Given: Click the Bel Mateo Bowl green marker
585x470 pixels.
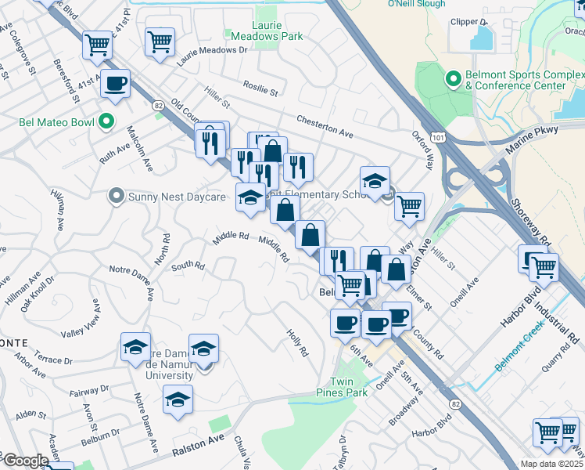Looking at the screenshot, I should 107,122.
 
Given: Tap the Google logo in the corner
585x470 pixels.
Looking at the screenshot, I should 25,461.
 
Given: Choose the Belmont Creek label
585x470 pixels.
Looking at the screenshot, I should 524,351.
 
